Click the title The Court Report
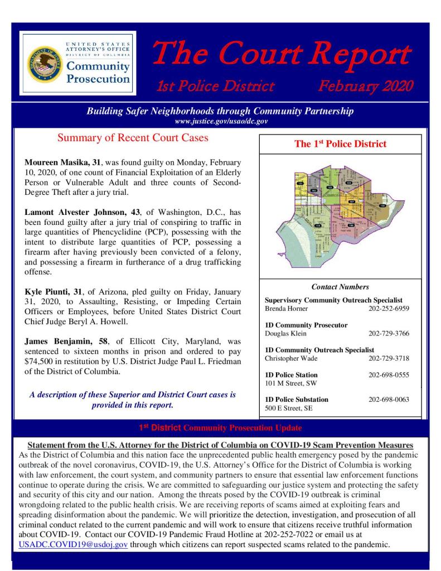click(282, 55)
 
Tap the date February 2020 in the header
click(365, 86)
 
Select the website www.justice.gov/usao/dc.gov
click(221, 121)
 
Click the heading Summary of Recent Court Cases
click(133, 138)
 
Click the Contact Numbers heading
click(340, 287)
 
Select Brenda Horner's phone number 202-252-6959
click(389, 308)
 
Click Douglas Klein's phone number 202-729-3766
click(389, 333)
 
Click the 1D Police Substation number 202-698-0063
click(389, 400)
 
